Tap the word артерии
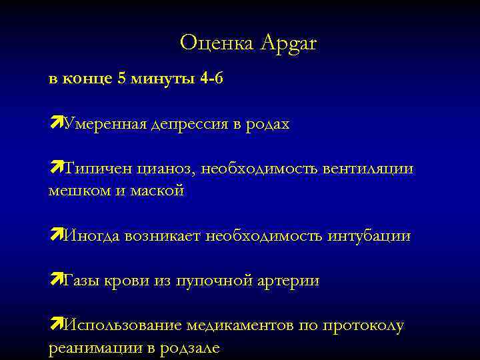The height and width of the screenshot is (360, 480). click(x=289, y=281)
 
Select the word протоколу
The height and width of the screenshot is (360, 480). click(x=363, y=327)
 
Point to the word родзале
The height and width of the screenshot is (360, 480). click(x=188, y=348)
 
